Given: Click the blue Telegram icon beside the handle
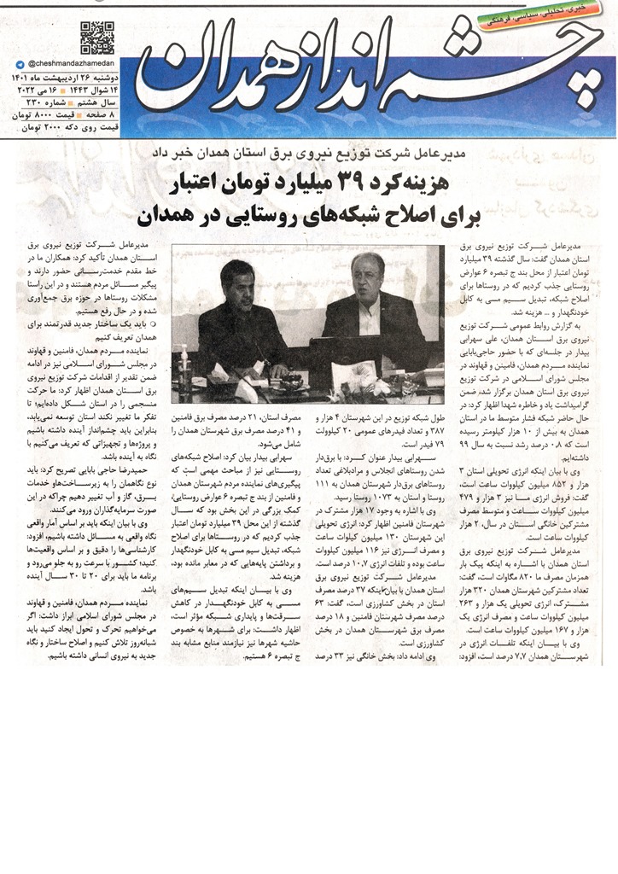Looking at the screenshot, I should point(20,64).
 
